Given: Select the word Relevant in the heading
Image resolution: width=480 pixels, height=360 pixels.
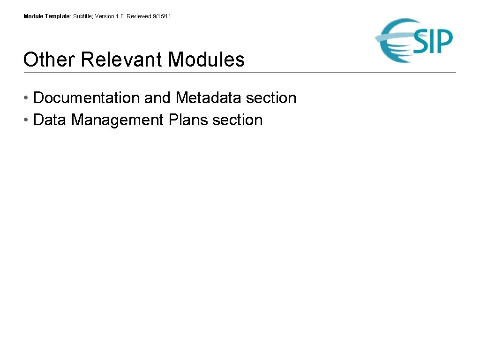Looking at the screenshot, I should click(121, 60).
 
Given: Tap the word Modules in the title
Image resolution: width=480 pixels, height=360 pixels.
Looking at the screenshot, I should click(206, 60).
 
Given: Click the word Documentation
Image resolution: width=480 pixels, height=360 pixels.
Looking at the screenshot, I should click(87, 98).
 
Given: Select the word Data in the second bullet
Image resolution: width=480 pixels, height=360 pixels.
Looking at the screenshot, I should click(50, 120).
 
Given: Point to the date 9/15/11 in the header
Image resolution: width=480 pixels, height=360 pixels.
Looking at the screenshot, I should click(162, 16).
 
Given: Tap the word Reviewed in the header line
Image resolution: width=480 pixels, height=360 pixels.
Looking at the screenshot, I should click(139, 16).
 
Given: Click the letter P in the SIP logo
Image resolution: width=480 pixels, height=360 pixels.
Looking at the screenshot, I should click(443, 41).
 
